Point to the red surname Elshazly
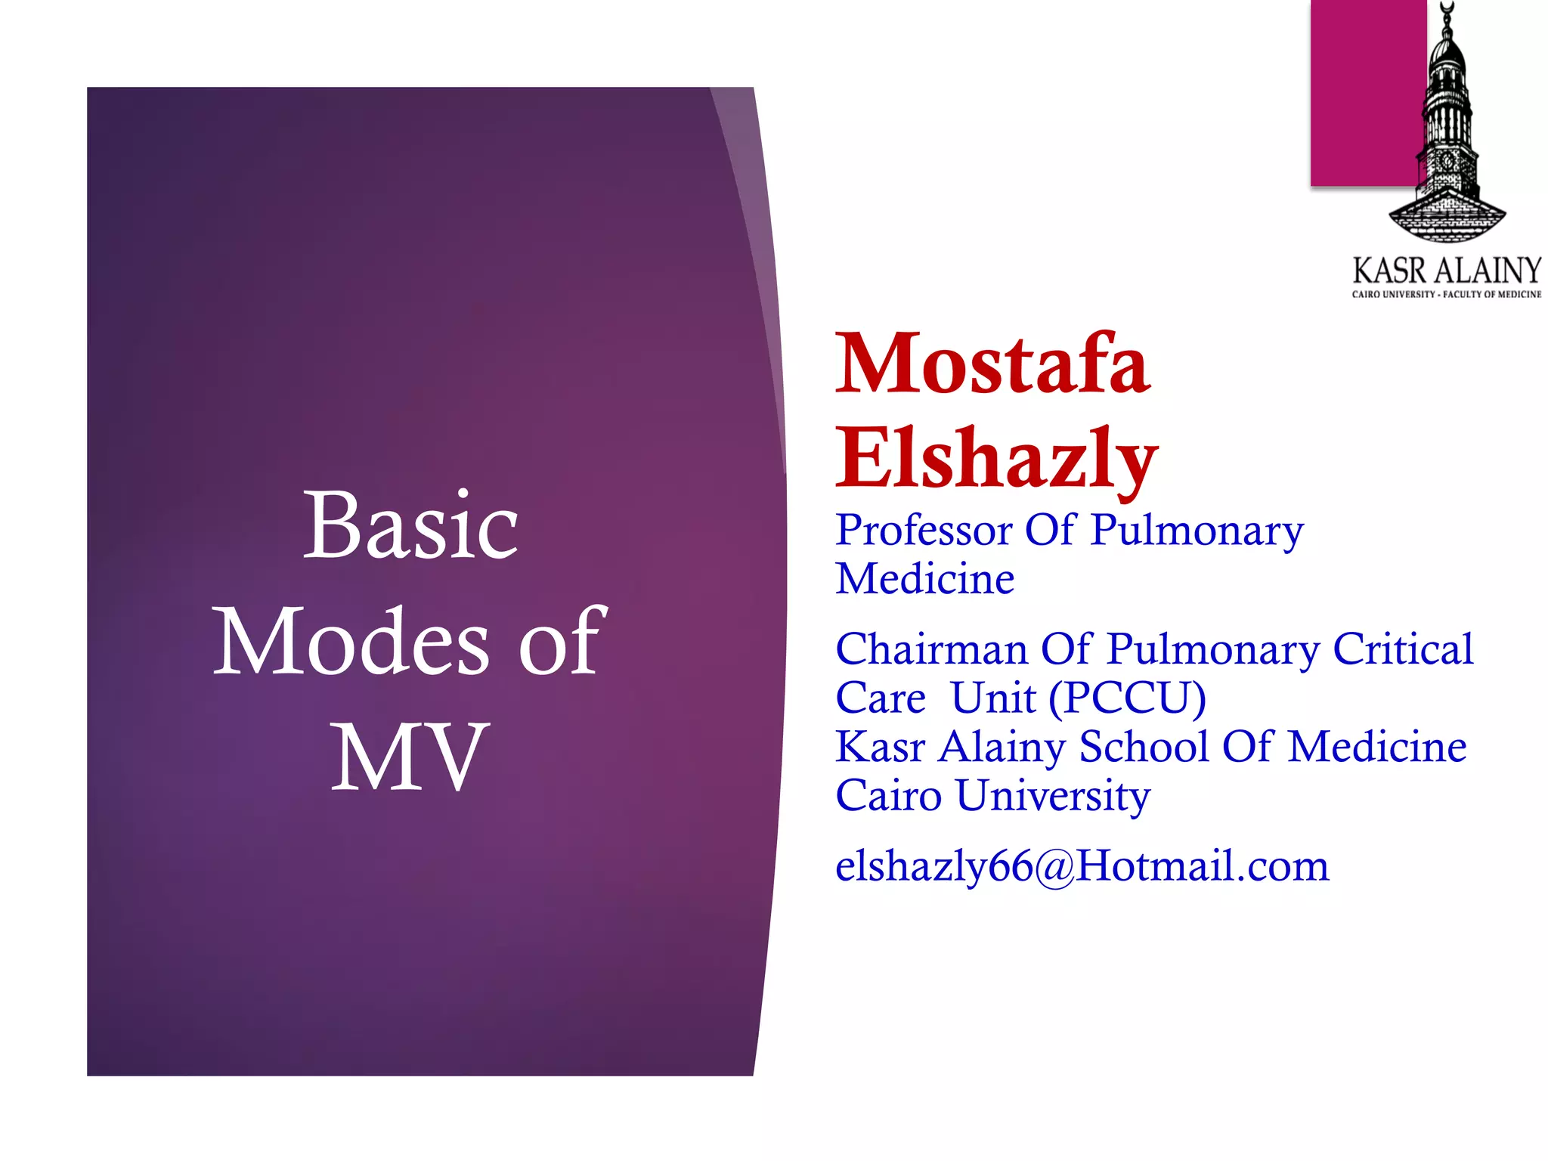point(996,459)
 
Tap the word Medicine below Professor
point(924,579)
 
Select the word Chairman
point(931,649)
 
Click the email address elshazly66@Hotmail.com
point(1082,865)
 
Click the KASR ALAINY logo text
point(1446,271)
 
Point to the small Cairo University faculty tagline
point(1446,294)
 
